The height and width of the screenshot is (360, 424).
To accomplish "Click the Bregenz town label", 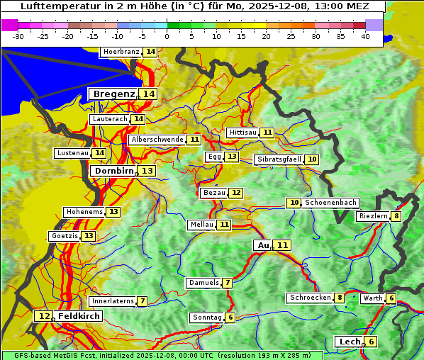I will [x=113, y=94].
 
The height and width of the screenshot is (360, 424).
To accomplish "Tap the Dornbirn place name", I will [x=113, y=171].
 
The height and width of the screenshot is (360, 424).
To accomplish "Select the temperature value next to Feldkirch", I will [x=45, y=316].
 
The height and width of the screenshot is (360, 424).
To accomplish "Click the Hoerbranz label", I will [x=120, y=52].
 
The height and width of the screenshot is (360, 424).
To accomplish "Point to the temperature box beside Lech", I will [x=370, y=342].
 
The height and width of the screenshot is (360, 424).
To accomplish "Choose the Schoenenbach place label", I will [x=331, y=203].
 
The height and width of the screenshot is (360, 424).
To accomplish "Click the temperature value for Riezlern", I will [x=396, y=216].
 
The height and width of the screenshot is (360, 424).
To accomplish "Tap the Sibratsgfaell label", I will [x=279, y=159].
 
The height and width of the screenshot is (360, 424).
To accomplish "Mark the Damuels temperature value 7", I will [x=227, y=283].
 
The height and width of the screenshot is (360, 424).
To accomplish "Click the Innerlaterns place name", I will [x=113, y=301].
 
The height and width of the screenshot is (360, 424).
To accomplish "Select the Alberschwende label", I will [x=157, y=140].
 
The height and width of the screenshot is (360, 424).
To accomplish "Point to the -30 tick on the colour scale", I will [x=18, y=35].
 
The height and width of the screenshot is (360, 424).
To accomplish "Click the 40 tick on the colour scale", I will [x=365, y=35].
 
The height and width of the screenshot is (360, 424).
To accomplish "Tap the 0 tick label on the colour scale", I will [x=167, y=35].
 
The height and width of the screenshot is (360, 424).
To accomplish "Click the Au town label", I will [x=262, y=245].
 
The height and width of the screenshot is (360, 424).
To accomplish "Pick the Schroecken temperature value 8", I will [x=340, y=298].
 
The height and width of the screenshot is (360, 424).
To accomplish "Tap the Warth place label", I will [x=372, y=298].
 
